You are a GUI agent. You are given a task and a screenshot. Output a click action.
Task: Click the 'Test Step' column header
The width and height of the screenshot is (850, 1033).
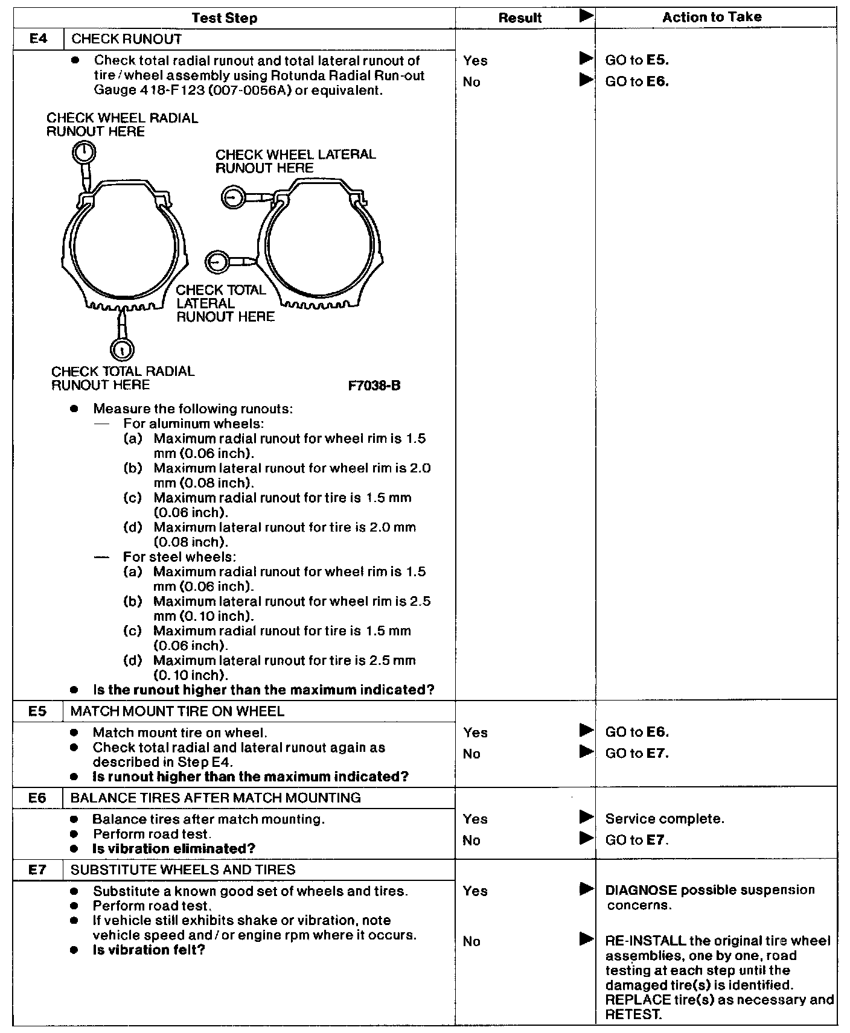(x=224, y=18)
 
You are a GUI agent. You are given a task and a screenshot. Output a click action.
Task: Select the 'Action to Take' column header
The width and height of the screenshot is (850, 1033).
(x=712, y=17)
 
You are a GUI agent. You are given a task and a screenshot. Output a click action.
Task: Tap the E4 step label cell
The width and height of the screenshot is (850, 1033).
(x=37, y=39)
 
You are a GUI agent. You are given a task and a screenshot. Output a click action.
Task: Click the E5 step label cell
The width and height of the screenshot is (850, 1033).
(x=37, y=711)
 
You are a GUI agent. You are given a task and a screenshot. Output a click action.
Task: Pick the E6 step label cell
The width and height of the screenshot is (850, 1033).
(x=37, y=798)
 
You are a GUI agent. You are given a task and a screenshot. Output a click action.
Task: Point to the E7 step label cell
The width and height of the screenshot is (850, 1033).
(x=37, y=869)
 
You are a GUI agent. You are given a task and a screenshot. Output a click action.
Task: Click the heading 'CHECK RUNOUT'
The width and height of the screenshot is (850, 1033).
(x=126, y=39)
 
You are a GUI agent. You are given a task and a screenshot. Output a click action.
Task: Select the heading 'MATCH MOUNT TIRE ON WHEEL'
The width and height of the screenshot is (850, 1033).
(x=177, y=711)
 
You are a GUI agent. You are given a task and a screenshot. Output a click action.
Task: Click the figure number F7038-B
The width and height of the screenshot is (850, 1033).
(x=374, y=386)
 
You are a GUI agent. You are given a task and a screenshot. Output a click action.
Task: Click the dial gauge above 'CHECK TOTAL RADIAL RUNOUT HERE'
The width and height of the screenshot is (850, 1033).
(x=122, y=349)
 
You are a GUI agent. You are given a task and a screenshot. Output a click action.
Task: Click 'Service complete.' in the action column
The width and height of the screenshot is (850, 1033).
(x=664, y=819)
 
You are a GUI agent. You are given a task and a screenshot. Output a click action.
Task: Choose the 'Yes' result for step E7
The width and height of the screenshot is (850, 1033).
(x=475, y=891)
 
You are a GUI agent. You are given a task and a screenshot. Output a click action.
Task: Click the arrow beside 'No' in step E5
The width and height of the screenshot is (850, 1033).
(x=586, y=752)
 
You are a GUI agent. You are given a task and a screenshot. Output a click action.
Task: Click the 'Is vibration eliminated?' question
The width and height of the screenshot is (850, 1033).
(x=174, y=848)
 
